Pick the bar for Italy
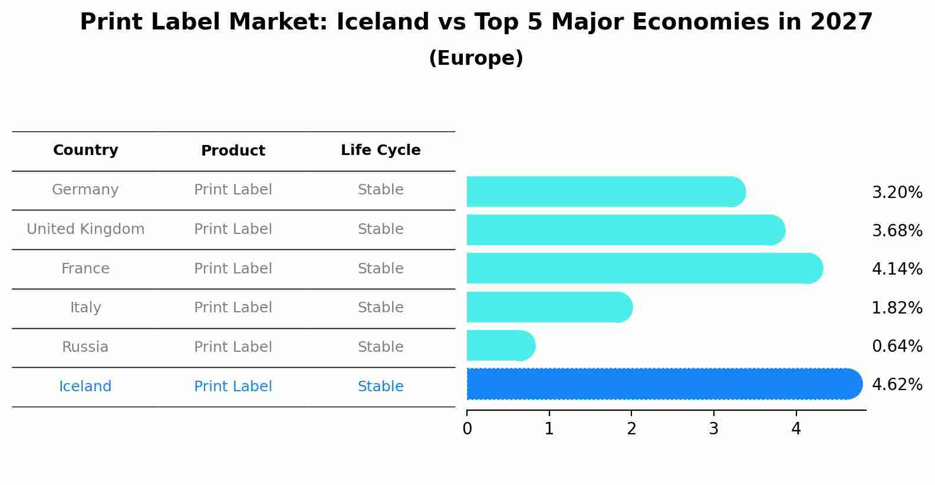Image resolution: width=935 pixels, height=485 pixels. coord(548,307)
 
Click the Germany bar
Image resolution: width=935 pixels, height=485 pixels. coord(605,192)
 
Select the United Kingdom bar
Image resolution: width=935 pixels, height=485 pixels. coord(625,230)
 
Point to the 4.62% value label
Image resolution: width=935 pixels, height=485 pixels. coord(897,385)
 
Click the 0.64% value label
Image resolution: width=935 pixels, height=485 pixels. coord(897,347)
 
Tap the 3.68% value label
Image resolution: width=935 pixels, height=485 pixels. coord(897,231)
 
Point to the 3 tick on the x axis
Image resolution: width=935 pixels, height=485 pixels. coord(714,428)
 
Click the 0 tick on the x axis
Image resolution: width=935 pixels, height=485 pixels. coord(467,428)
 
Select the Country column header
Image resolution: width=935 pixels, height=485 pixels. coord(85,150)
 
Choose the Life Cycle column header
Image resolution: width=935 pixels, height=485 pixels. coord(380,150)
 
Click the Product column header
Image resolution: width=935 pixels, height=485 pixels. coord(233,151)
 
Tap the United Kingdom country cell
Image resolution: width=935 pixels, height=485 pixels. coord(85,229)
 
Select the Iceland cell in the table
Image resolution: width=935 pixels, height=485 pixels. coord(85,387)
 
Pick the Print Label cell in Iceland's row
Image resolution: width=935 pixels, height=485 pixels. coord(233,387)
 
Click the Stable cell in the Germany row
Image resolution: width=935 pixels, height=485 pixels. coord(380,190)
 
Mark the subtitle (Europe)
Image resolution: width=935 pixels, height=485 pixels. coord(476,58)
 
